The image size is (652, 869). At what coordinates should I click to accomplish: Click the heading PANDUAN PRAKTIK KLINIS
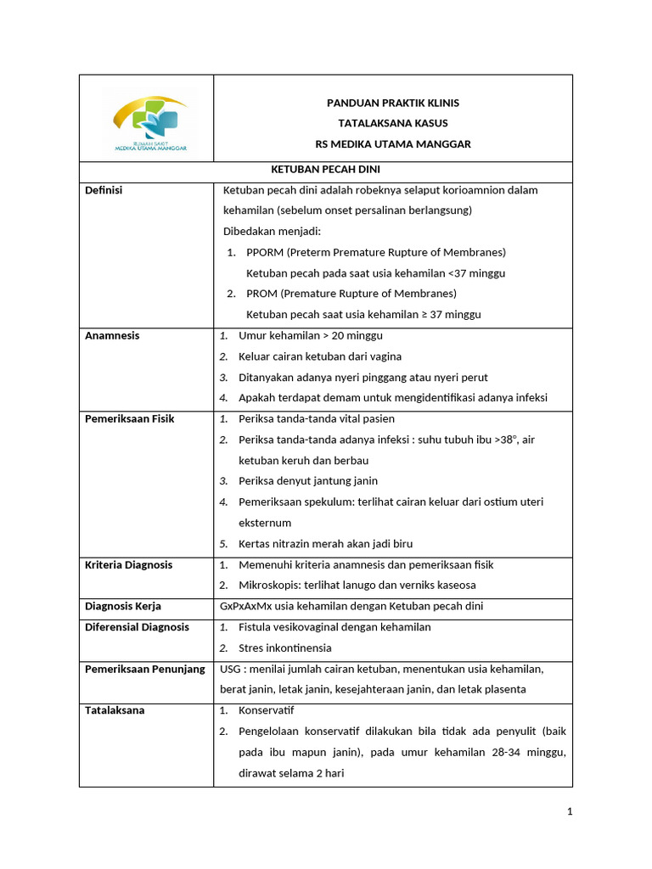[393, 103]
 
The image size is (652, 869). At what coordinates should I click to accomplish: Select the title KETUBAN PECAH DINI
[325, 170]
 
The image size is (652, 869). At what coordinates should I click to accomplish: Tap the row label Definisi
[104, 190]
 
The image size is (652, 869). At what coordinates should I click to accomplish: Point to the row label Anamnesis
[112, 335]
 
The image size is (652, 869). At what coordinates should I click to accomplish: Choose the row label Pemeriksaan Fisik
[129, 418]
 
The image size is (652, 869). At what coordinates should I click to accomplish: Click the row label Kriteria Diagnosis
[128, 564]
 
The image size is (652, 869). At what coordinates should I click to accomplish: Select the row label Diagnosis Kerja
[123, 606]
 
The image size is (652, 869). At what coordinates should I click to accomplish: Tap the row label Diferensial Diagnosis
[137, 627]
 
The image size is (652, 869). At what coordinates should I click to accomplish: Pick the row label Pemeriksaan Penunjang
[145, 669]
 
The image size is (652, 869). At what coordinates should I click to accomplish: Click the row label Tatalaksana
[115, 710]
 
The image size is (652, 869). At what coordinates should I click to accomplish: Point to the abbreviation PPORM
[264, 252]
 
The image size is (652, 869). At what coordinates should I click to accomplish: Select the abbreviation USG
[231, 669]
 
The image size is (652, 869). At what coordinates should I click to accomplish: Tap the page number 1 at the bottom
[570, 812]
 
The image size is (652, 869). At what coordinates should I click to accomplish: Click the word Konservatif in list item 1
[267, 710]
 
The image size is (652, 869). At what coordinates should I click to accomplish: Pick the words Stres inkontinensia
[286, 648]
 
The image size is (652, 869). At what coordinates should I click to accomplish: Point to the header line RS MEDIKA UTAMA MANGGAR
[393, 144]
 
